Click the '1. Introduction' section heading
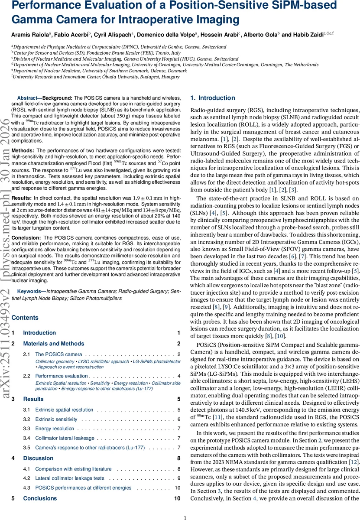pyautogui.click(x=213, y=98)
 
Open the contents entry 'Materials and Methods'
pyautogui.click(x=48, y=344)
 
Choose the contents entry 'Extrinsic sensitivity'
pyautogui.click(x=56, y=419)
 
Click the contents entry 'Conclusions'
pyautogui.click(x=40, y=498)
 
